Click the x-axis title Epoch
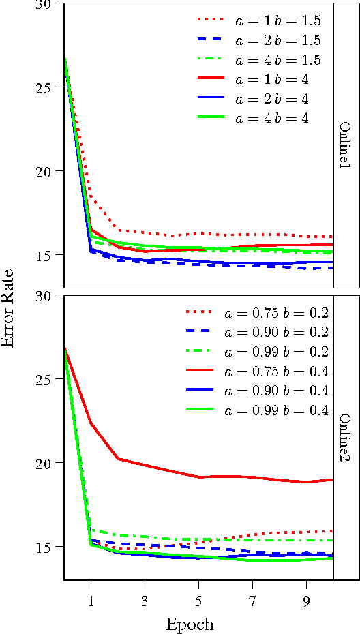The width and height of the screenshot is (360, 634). point(190,624)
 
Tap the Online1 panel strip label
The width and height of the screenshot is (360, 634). point(346,146)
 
